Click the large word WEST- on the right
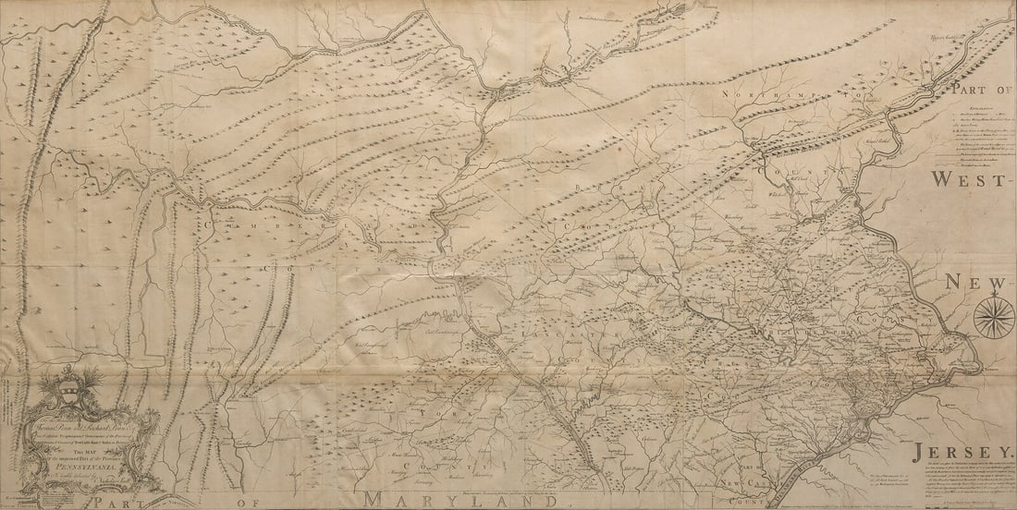pyautogui.click(x=970, y=179)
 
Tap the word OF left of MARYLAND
pyautogui.click(x=250, y=503)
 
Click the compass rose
pyautogui.click(x=993, y=317)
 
